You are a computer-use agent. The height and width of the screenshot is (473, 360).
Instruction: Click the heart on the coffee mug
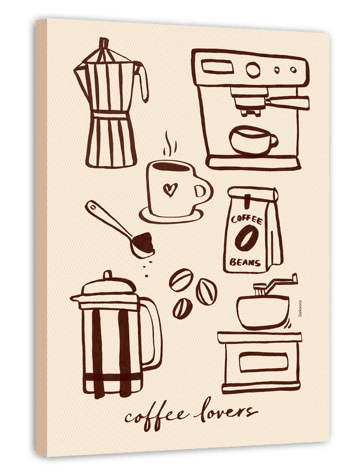170,190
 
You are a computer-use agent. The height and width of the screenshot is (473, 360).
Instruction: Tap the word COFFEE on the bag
247,219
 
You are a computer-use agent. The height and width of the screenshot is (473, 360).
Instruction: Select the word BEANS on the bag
245,262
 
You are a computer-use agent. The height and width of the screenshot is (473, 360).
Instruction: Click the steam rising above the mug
170,144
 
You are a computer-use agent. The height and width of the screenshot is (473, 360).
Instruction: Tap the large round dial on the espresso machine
253,70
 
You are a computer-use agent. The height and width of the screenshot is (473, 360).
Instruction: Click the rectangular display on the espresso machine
217,66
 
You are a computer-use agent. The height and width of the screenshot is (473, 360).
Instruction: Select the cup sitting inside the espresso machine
253,140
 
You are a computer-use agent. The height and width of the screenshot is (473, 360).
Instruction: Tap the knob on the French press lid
107,275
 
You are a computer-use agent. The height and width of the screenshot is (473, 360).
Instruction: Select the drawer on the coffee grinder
263,361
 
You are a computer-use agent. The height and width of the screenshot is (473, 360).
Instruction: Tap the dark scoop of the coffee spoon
143,244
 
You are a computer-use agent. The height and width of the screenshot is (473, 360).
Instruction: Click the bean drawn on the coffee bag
247,238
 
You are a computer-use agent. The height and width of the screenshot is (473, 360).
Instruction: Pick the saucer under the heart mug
171,215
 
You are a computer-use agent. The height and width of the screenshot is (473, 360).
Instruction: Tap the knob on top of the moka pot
104,43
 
